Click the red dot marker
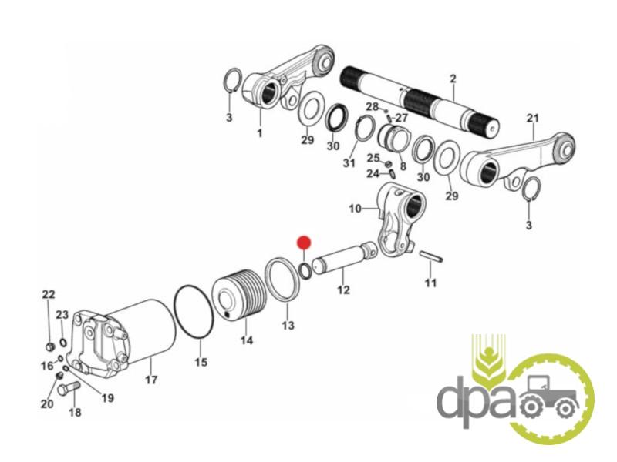click(304, 243)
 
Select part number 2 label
click(453, 79)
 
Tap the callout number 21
click(533, 118)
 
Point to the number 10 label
click(355, 208)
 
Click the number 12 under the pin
click(343, 290)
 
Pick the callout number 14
click(247, 340)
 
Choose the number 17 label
click(151, 380)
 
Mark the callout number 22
click(49, 294)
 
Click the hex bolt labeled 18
click(69, 388)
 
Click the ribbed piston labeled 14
click(239, 294)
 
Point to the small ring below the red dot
click(305, 272)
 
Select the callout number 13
click(288, 325)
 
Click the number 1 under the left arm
click(260, 133)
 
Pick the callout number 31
click(349, 162)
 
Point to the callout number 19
click(107, 398)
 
